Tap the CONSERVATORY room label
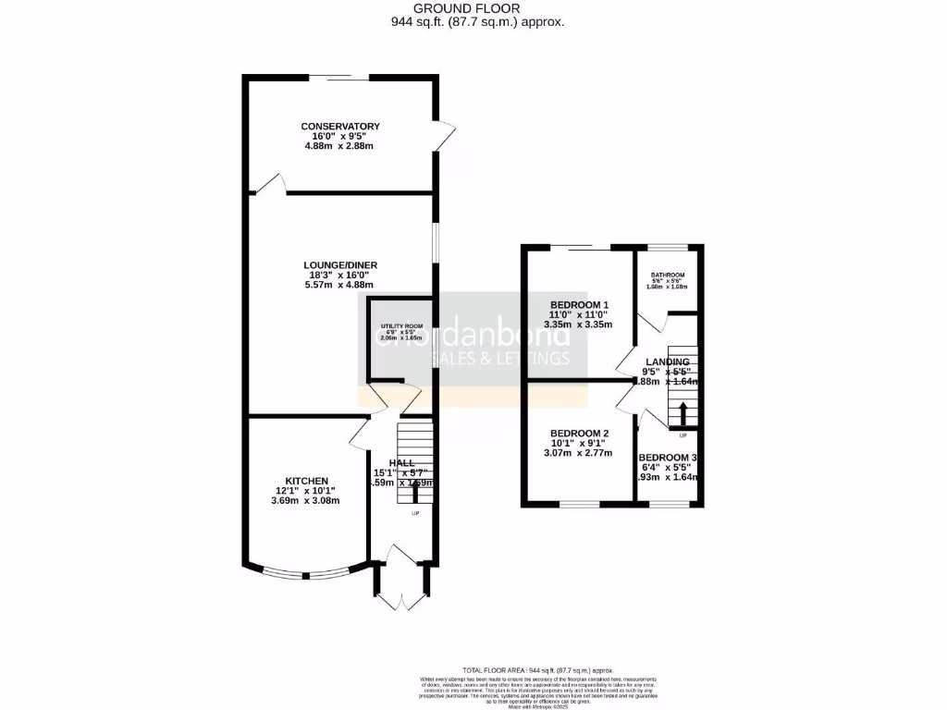340,126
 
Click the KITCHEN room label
306,481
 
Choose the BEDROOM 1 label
580,305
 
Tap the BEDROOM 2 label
580,434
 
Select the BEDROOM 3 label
668,458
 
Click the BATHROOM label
667,275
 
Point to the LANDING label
667,361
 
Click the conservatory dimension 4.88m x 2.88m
341,146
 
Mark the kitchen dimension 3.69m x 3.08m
306,501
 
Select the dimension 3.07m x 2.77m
580,454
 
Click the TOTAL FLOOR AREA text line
537,669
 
